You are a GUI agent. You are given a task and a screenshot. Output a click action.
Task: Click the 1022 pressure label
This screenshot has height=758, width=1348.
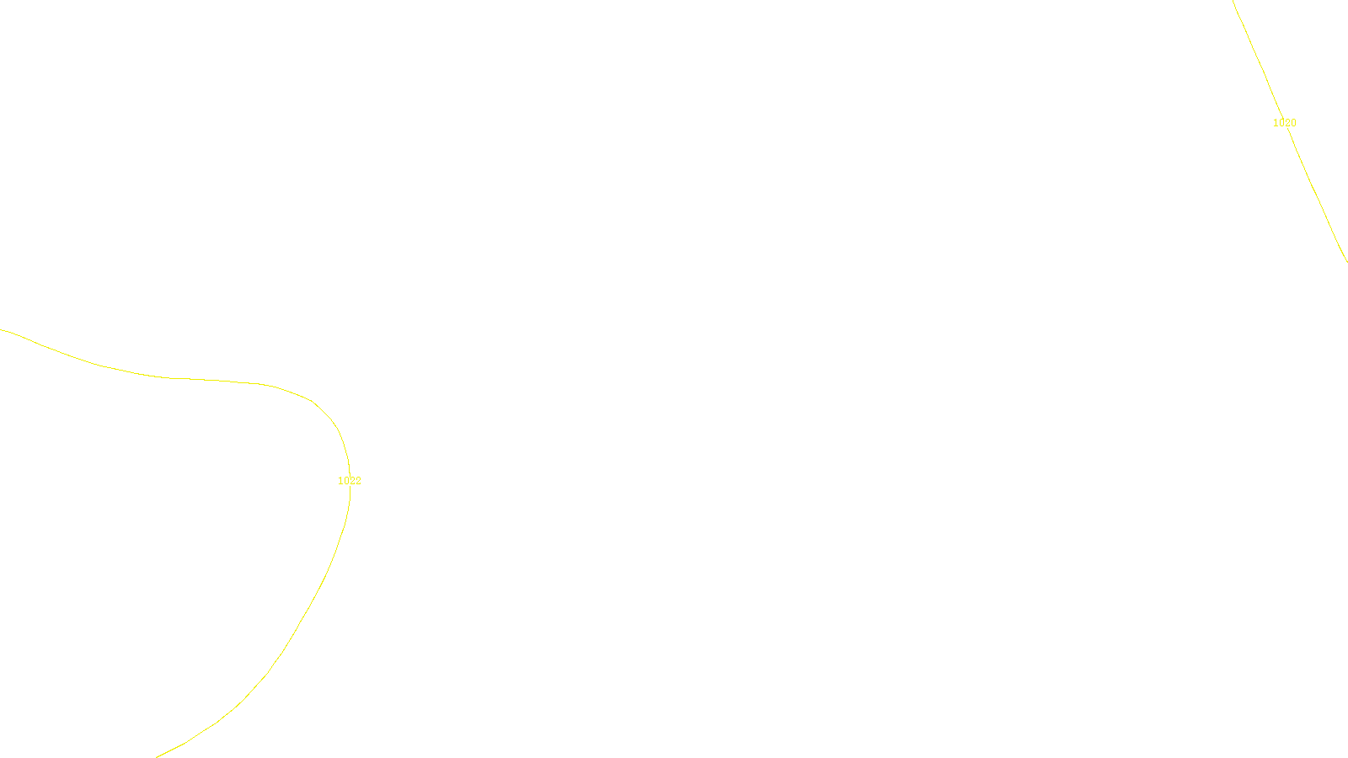pos(350,481)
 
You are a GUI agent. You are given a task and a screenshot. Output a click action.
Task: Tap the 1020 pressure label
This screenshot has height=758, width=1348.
pos(1284,123)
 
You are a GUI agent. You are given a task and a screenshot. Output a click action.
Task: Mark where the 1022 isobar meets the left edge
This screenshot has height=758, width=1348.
pos(1,329)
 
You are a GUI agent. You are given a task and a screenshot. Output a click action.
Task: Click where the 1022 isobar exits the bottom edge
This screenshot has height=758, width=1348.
pos(157,756)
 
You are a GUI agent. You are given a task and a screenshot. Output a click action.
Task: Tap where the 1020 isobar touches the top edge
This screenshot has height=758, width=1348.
pos(1233,1)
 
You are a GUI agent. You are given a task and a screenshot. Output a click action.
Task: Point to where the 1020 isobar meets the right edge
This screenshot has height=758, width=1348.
pos(1346,261)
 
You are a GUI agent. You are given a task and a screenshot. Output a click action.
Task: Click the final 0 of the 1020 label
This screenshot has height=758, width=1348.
pos(1293,123)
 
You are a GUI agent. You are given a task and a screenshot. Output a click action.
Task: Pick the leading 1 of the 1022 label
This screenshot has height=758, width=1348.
pos(340,481)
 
